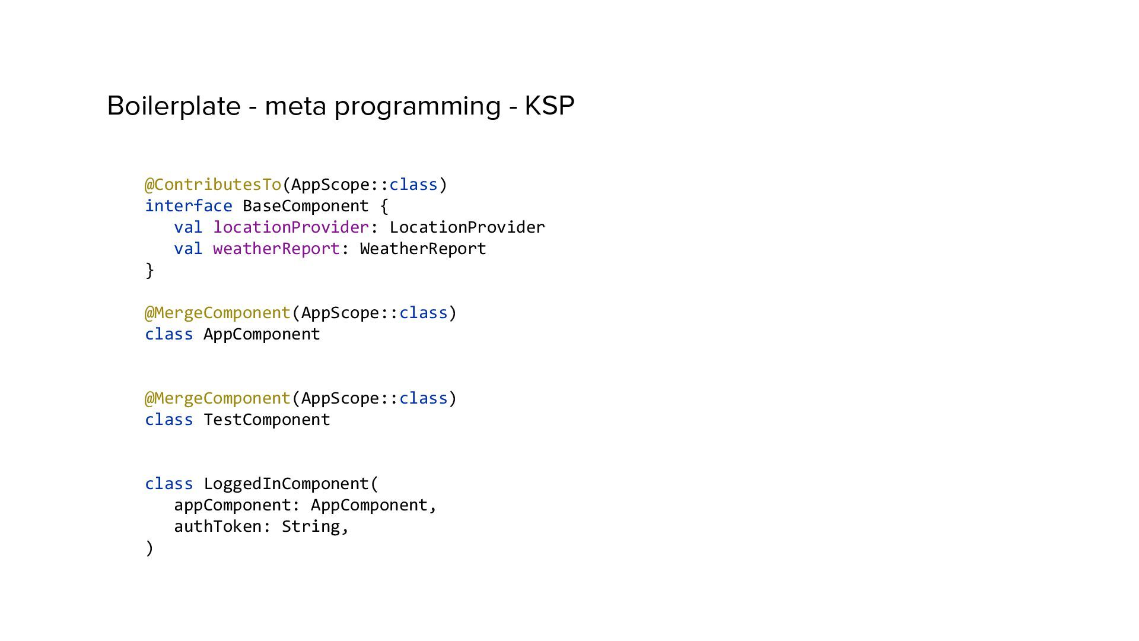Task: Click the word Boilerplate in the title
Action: tap(173, 106)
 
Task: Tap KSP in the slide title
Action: tap(549, 106)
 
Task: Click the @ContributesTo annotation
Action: tap(213, 185)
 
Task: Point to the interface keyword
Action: tap(188, 206)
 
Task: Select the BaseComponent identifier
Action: tap(306, 206)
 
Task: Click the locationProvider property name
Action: tap(291, 227)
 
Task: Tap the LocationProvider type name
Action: tap(467, 227)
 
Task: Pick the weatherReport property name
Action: tap(276, 249)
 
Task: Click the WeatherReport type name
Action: tap(423, 249)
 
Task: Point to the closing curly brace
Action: tap(149, 270)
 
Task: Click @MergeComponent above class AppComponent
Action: tap(218, 313)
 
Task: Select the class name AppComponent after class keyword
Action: tap(262, 334)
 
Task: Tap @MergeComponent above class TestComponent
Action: tap(218, 398)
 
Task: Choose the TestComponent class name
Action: tap(266, 420)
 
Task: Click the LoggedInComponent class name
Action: tap(286, 484)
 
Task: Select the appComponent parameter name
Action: tap(232, 505)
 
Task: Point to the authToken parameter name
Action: tap(217, 526)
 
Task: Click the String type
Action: tap(310, 526)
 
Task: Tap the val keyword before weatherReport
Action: tap(188, 249)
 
